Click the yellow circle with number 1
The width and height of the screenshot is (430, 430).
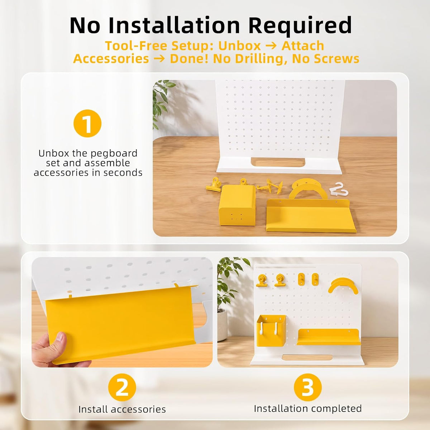pyautogui.click(x=87, y=123)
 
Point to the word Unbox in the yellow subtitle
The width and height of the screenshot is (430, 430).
pyautogui.click(x=239, y=46)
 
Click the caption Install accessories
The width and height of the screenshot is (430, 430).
pyautogui.click(x=122, y=410)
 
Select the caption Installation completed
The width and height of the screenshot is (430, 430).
pyautogui.click(x=308, y=409)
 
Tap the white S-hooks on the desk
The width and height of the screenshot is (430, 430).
pyautogui.click(x=339, y=190)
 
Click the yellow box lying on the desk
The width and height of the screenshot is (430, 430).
pyautogui.click(x=237, y=205)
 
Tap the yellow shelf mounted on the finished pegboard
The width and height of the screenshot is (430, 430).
pyautogui.click(x=329, y=337)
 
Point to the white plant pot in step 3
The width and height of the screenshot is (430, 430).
pyautogui.click(x=222, y=325)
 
